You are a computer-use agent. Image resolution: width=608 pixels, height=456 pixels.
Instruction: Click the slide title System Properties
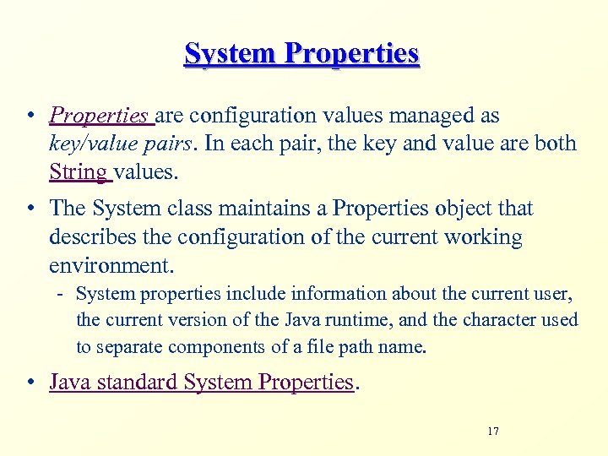click(301, 54)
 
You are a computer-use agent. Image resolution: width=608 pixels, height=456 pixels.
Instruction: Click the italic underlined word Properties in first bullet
click(99, 116)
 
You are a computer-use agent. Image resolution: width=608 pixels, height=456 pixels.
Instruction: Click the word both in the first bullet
click(556, 144)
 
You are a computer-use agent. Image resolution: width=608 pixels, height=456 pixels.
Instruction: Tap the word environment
click(110, 265)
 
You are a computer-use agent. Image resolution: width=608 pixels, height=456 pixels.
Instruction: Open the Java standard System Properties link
click(201, 383)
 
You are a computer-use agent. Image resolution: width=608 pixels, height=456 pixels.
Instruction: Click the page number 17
click(493, 432)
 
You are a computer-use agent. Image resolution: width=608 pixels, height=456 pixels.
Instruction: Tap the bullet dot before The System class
click(31, 209)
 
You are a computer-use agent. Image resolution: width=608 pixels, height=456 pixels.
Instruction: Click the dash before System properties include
click(62, 295)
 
